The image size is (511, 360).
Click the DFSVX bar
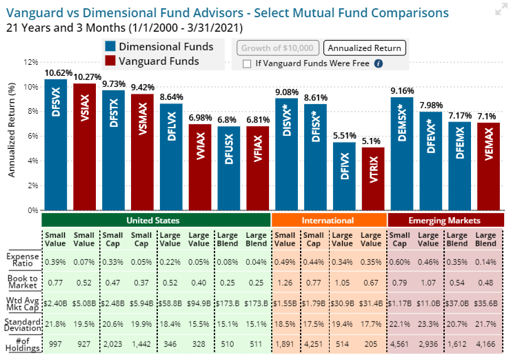[x=56, y=145]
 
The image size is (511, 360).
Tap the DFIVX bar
[x=344, y=176]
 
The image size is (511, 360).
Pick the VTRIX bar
[x=373, y=179]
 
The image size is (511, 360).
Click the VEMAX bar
[x=489, y=166]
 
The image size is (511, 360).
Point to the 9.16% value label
[x=402, y=90]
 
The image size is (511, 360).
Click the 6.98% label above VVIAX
[x=200, y=117]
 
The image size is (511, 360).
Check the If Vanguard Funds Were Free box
[x=247, y=63]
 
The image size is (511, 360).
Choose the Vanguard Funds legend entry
[x=159, y=61]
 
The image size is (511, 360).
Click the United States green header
[x=154, y=221]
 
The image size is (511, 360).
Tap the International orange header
[x=328, y=221]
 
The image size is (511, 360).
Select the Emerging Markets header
[x=445, y=221]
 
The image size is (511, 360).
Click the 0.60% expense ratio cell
[x=401, y=262]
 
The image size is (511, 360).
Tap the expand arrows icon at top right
[x=500, y=10]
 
